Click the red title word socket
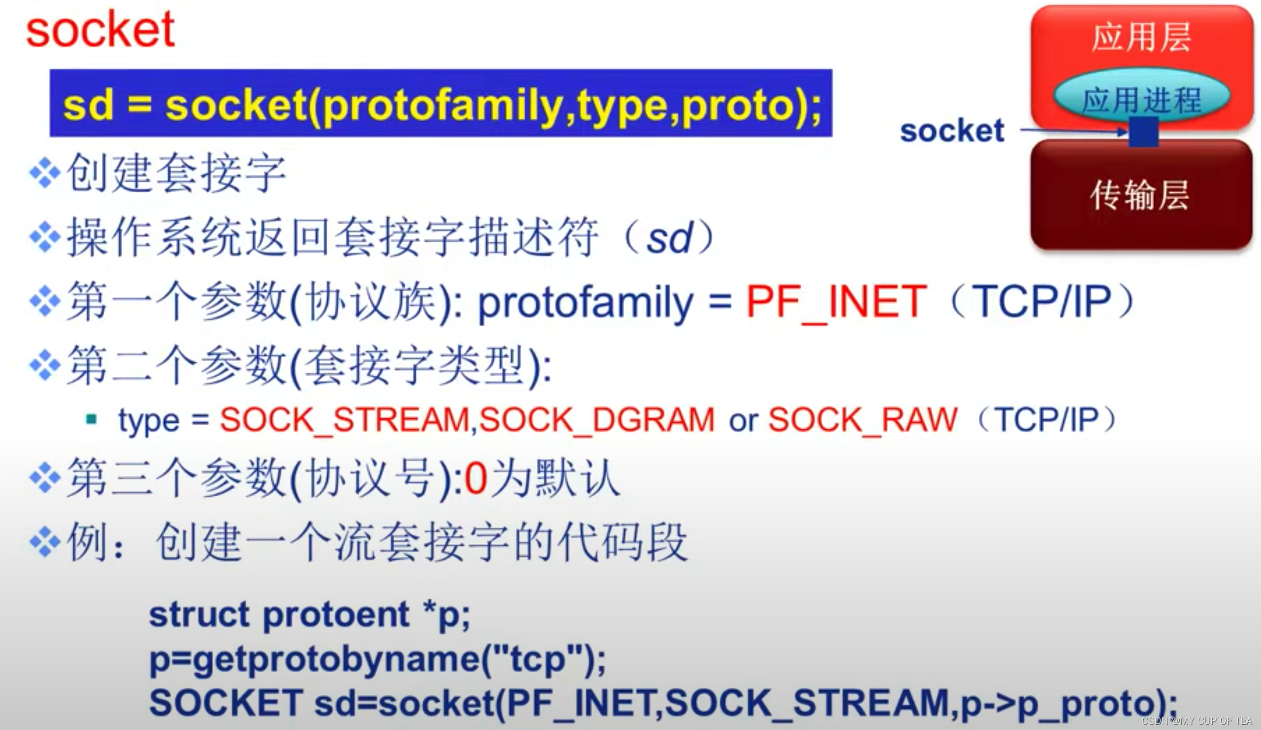[x=100, y=30]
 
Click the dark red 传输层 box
[x=1141, y=194]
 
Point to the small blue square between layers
[x=1143, y=132]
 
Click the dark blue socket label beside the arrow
[x=952, y=131]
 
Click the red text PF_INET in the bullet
[x=837, y=302]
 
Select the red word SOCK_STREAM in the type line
[x=345, y=420]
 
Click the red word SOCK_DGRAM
[x=597, y=420]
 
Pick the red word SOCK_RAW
[x=863, y=420]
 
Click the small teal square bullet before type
[x=91, y=419]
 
